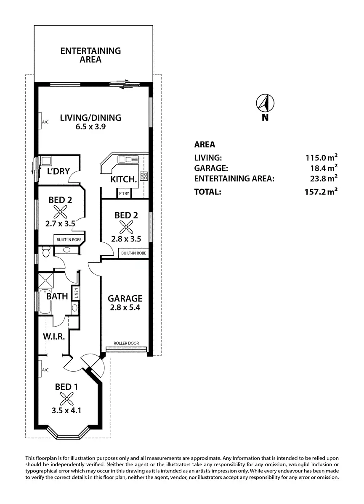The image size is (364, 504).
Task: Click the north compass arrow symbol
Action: (266, 102)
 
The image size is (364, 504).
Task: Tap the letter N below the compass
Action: (265, 118)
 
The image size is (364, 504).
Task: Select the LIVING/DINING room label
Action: (90, 118)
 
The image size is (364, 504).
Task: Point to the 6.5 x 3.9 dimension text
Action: (90, 126)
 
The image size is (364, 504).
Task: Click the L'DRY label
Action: (58, 172)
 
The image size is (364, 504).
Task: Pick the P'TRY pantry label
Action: (124, 194)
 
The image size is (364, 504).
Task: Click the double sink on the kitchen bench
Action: (128, 159)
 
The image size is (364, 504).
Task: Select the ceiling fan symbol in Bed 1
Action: (66, 397)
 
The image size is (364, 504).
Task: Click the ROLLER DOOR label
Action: (126, 343)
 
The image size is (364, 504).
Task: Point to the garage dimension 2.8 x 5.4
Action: (125, 307)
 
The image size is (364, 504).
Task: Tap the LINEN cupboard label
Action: (76, 293)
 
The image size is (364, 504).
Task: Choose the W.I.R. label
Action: (53, 337)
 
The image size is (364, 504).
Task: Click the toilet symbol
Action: (46, 252)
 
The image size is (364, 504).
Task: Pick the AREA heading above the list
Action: (205, 144)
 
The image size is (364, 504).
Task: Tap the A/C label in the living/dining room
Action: (45, 123)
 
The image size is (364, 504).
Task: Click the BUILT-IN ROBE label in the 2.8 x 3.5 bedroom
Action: (133, 253)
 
